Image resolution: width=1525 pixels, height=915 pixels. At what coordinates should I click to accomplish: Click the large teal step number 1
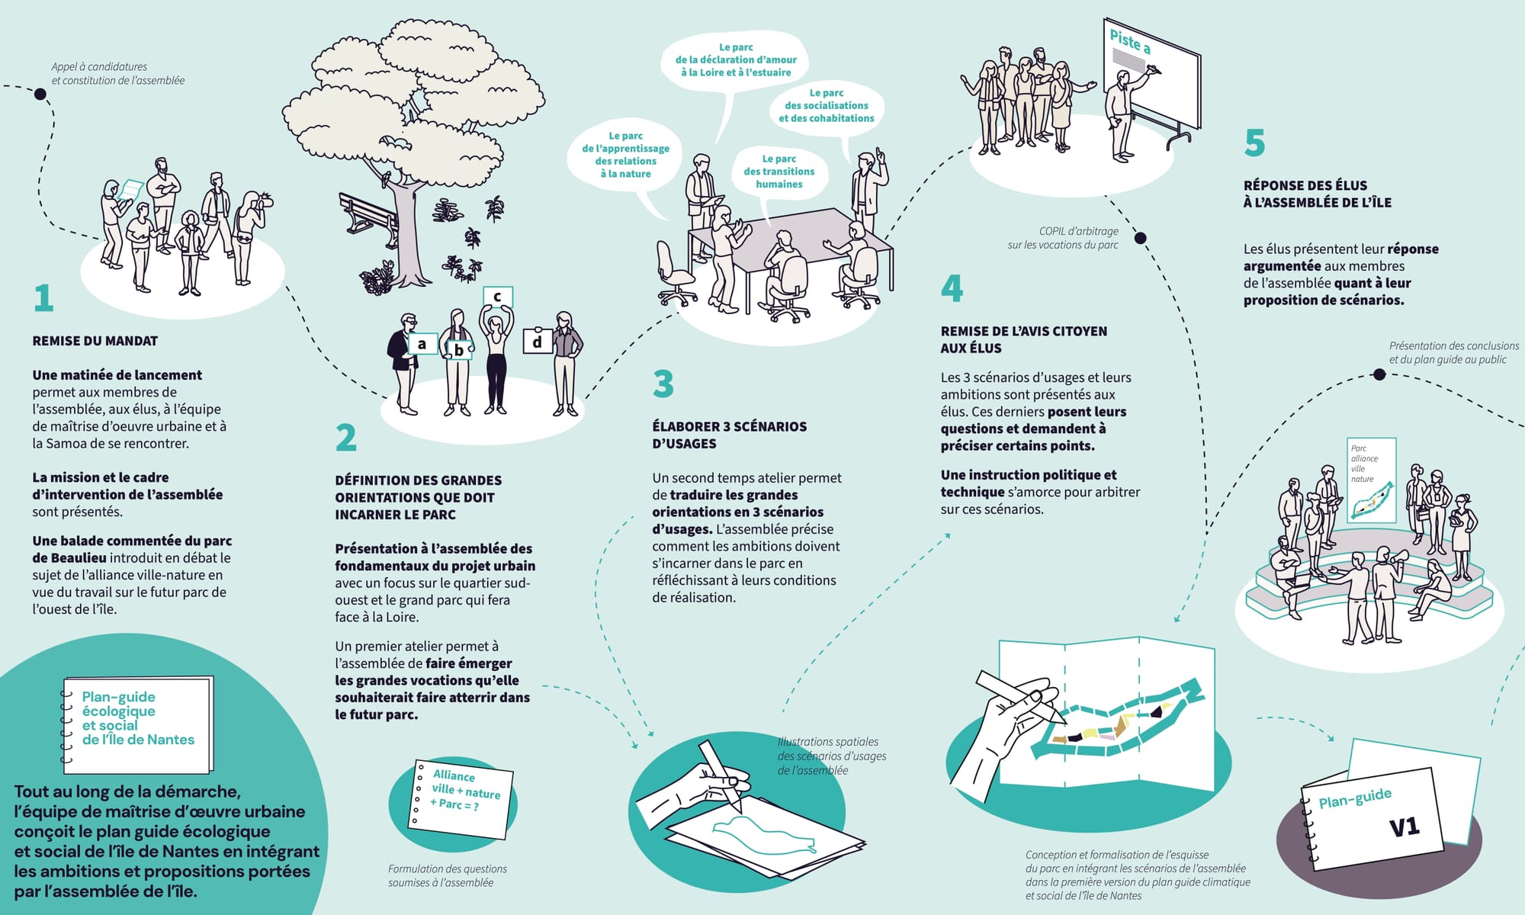point(43,298)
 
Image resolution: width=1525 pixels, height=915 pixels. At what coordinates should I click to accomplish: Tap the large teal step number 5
point(1254,143)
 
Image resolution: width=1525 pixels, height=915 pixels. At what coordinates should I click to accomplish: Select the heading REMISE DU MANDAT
point(95,341)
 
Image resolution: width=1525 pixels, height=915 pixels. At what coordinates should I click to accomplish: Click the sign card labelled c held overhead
point(497,297)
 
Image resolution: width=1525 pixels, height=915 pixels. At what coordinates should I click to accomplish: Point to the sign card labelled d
point(538,342)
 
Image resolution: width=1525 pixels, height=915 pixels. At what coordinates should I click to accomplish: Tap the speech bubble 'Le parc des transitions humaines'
point(779,172)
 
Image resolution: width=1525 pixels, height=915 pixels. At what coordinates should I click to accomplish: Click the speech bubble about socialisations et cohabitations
point(827,106)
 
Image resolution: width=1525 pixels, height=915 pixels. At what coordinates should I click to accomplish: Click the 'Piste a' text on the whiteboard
point(1129,41)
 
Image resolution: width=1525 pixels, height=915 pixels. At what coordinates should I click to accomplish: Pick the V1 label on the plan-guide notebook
point(1403,827)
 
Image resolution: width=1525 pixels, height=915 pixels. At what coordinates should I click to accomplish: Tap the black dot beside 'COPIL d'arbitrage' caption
point(1141,238)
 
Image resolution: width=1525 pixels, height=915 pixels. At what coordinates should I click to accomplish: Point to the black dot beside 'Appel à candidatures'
point(40,95)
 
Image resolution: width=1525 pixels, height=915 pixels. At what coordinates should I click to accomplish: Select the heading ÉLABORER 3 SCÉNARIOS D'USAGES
point(729,435)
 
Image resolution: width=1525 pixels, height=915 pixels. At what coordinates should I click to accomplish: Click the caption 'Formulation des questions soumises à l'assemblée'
point(447,875)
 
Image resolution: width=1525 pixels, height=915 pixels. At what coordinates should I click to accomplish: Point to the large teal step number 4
point(952,288)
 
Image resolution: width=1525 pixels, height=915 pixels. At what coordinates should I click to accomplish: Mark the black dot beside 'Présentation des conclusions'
point(1379,374)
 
